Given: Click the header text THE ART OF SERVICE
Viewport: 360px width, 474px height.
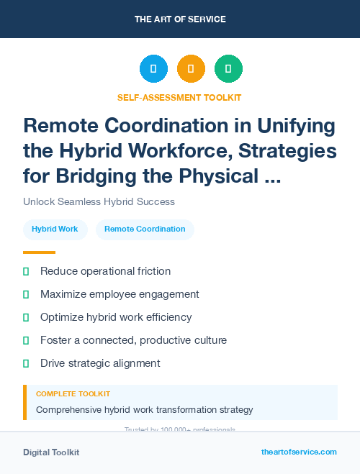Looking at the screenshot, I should coord(180,19).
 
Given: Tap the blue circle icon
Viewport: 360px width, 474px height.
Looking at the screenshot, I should coord(153,69).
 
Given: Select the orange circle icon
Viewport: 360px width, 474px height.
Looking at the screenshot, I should coord(191,69).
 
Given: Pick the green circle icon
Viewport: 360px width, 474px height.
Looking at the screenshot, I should coord(228,69).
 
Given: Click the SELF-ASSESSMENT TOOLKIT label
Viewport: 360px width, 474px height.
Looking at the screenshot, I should coord(179,97).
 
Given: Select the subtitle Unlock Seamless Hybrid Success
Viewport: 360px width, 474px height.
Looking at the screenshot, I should coord(99,201).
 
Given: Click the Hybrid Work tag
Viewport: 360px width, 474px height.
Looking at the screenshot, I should coord(55,229).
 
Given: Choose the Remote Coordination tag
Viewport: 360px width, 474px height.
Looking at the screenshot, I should coord(145,229).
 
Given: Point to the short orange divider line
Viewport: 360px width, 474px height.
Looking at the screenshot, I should coord(39,252).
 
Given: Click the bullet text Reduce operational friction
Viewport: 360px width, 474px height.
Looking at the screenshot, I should coord(105,271).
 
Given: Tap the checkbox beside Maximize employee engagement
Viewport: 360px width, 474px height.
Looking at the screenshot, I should coord(26,294).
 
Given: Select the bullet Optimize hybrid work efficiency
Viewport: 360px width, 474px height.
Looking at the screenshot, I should coord(115,317).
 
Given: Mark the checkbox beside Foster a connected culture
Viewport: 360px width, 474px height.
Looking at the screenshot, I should coord(26,340).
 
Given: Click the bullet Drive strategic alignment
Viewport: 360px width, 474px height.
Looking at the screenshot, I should coord(100,363).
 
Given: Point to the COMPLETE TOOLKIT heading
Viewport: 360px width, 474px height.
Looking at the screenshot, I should coord(73,394).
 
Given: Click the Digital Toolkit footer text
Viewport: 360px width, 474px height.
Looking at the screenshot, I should coord(51,452).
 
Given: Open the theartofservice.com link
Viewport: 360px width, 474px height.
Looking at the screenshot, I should coord(299,452).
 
